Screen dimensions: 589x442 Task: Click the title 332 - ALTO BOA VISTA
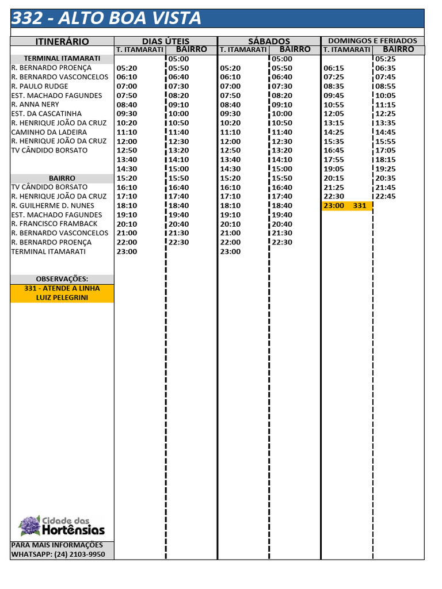(107, 18)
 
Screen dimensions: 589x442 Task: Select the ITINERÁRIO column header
(62, 41)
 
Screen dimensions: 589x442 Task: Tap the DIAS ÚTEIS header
(166, 41)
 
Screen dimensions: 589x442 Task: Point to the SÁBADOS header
(269, 41)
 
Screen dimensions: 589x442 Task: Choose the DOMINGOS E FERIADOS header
(372, 41)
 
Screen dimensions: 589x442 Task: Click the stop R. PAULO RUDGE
(40, 86)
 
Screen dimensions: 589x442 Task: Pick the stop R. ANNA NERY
(35, 105)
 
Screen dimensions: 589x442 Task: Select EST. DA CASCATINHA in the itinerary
(47, 114)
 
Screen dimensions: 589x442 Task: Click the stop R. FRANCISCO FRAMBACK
(55, 224)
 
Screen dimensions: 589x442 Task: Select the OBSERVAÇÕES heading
(62, 279)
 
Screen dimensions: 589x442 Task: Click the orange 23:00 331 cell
(346, 205)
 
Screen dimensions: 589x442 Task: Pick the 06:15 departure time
(334, 68)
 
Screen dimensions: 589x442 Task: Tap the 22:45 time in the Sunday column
(385, 196)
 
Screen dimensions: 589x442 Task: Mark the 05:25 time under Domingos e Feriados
(385, 59)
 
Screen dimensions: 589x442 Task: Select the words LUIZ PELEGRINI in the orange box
(62, 297)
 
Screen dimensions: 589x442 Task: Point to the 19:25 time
(385, 169)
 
